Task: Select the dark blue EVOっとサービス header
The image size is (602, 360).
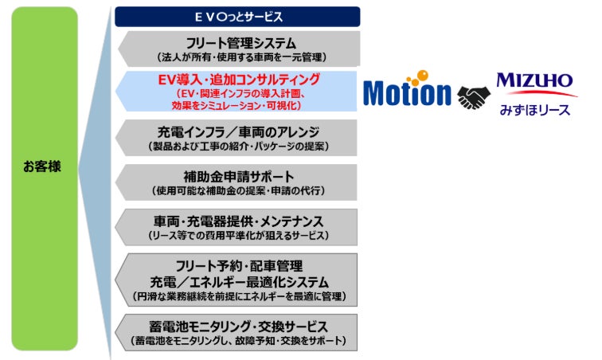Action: click(237, 16)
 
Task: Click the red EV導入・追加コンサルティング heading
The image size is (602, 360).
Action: click(238, 80)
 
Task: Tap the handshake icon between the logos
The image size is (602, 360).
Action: click(476, 98)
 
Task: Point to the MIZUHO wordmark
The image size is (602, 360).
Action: click(534, 80)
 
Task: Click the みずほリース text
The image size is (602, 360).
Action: click(534, 109)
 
